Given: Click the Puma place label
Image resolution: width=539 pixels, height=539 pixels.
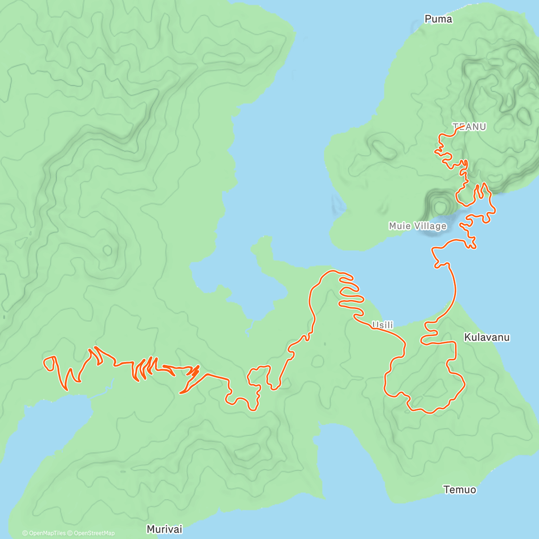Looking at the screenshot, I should pos(438,19).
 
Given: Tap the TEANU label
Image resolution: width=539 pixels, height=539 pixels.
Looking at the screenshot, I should pos(469,127).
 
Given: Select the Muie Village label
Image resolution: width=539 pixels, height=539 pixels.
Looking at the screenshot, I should pos(418,226).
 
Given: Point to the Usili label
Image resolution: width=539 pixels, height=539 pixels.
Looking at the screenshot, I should pos(383,325).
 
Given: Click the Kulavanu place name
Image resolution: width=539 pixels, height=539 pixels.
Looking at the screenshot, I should pos(487,337).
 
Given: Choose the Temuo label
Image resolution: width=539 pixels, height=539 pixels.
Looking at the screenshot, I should pos(459,490).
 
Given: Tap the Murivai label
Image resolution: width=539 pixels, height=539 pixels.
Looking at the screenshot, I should pos(164,529).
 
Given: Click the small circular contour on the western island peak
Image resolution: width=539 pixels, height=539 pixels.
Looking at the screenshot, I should pos(107,250).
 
